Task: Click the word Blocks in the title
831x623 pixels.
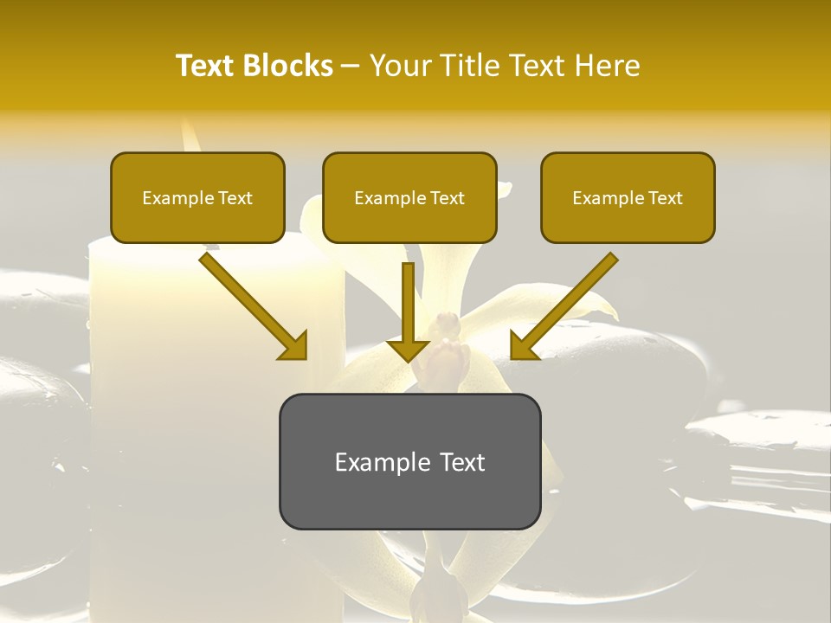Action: point(288,66)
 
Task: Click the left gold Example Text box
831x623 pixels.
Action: point(197,198)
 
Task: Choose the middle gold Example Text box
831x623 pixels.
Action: point(409,198)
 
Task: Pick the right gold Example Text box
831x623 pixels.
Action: point(628,198)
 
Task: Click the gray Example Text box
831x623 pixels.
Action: point(409,461)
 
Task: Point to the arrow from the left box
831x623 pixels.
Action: point(251,303)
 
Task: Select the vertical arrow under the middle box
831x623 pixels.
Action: point(408,307)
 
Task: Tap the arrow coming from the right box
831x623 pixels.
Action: point(567,303)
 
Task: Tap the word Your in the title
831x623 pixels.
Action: point(400,66)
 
